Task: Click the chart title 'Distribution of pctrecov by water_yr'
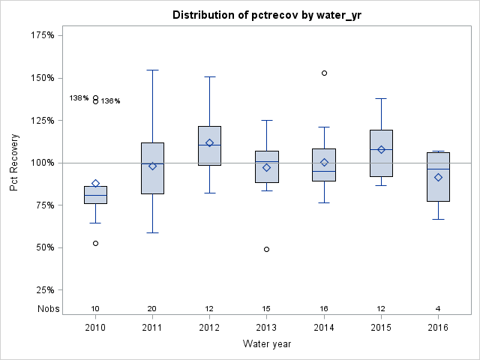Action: [x=266, y=15]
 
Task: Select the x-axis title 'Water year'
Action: [x=266, y=344]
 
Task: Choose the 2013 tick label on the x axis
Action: [x=266, y=328]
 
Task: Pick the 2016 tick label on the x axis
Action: [x=438, y=328]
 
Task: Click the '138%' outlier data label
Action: [x=79, y=98]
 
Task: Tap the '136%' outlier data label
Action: [x=111, y=101]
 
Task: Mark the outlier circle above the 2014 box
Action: [x=324, y=73]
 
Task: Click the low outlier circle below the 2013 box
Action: [x=266, y=249]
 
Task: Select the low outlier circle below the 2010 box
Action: [x=95, y=243]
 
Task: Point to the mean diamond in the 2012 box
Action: [x=209, y=142]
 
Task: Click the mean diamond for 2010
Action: [x=95, y=183]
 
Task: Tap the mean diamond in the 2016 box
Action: [x=438, y=177]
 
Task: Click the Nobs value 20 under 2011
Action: [x=152, y=309]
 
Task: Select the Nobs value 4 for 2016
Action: [x=438, y=309]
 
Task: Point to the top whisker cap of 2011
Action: [x=152, y=70]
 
